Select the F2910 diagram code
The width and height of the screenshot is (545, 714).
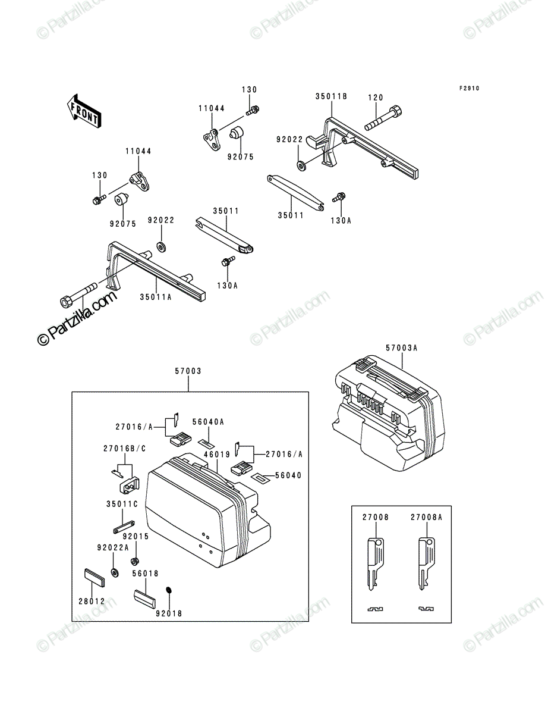[x=470, y=88]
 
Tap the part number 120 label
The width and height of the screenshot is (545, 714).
[x=376, y=97]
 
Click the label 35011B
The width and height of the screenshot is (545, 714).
[x=331, y=96]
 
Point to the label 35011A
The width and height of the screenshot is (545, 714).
[x=156, y=297]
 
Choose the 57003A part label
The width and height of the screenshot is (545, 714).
[x=401, y=348]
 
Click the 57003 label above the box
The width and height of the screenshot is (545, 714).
[x=188, y=371]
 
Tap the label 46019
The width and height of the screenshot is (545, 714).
[x=218, y=455]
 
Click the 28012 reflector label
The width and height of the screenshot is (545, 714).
[x=92, y=602]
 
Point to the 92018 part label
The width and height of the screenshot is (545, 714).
[x=169, y=613]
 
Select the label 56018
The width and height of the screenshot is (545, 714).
[x=145, y=574]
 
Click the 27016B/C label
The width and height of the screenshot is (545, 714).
[x=125, y=449]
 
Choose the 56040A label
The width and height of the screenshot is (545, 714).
[x=208, y=422]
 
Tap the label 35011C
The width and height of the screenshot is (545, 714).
[x=122, y=504]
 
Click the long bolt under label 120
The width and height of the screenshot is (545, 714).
[x=383, y=118]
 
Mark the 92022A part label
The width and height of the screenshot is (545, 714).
[x=113, y=548]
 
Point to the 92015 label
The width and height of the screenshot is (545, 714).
[x=136, y=537]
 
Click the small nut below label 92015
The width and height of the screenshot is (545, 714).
[x=134, y=561]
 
